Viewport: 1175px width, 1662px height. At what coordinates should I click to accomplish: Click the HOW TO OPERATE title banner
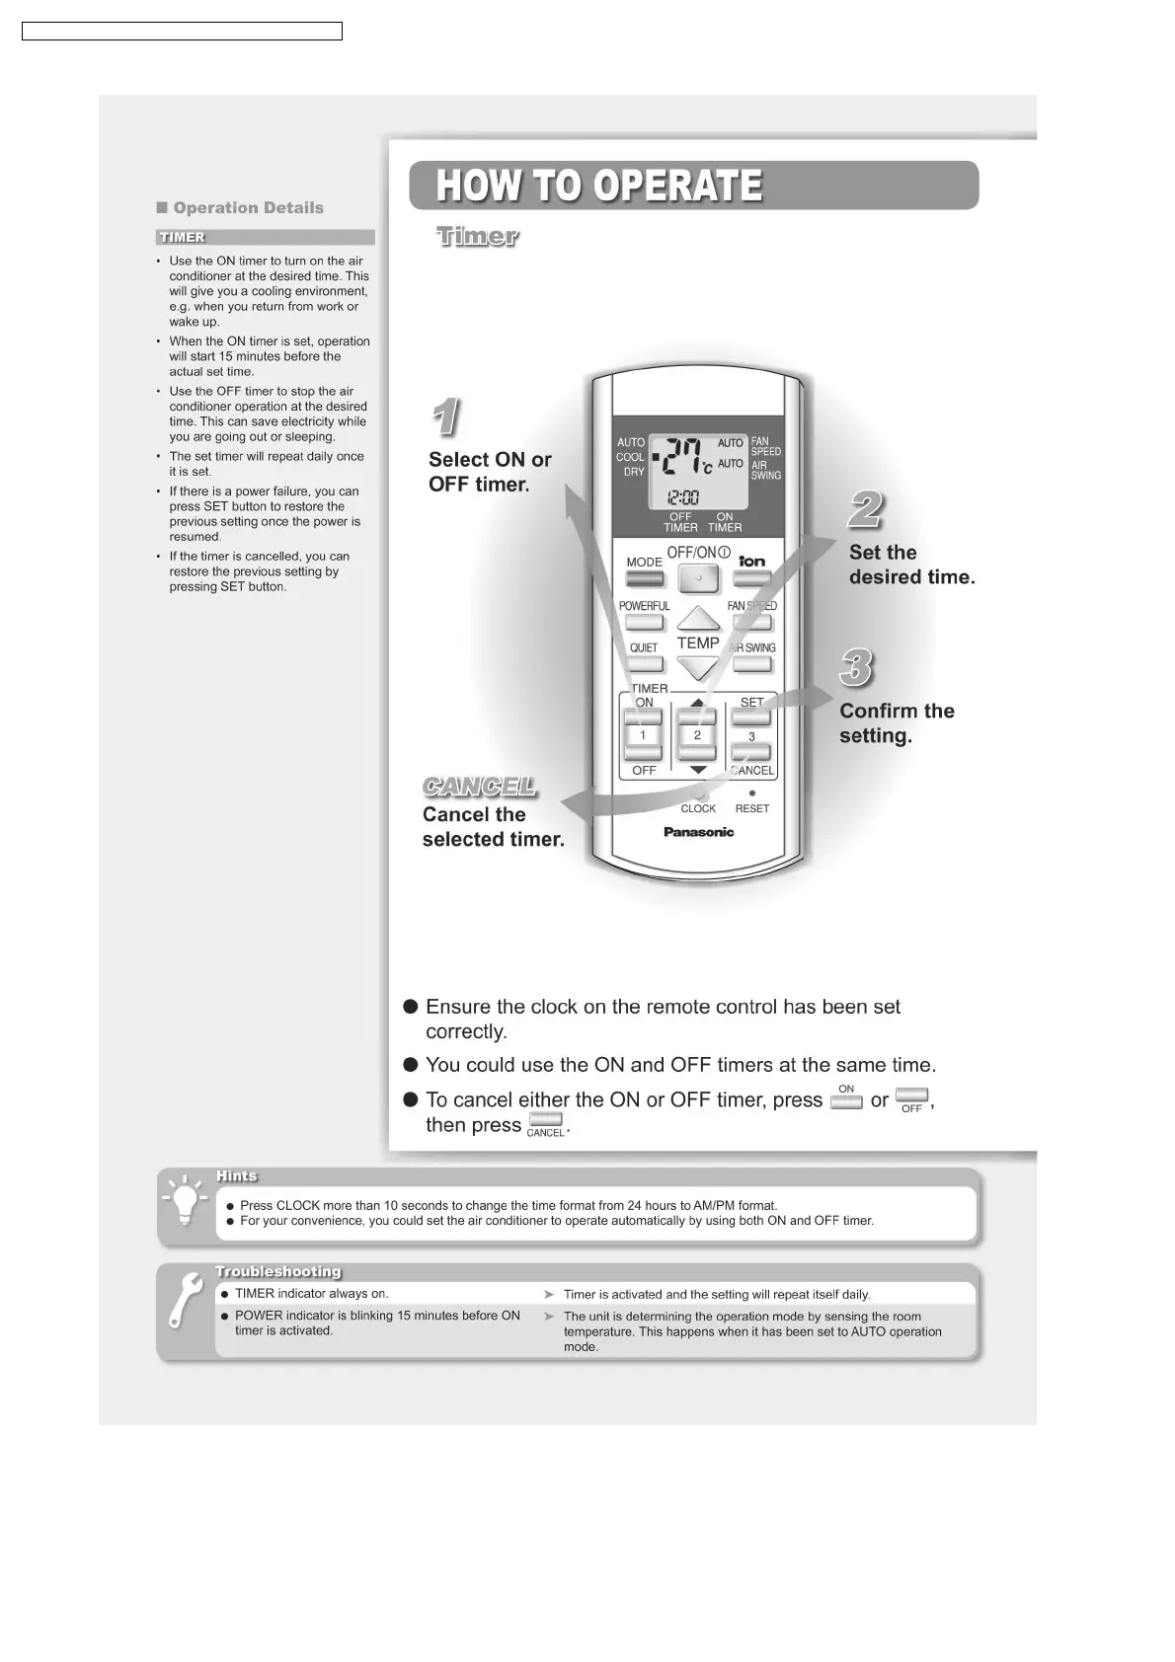click(x=693, y=186)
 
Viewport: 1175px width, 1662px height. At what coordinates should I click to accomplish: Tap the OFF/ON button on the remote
click(x=698, y=577)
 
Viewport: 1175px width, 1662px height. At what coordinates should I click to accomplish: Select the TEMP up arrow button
click(x=698, y=620)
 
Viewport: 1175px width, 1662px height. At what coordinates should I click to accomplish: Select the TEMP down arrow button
click(x=698, y=668)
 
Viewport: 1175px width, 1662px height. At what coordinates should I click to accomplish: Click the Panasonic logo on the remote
click(x=698, y=832)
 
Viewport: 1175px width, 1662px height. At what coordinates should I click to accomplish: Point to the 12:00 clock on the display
click(x=683, y=497)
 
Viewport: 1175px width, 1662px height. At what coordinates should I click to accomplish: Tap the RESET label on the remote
click(x=752, y=808)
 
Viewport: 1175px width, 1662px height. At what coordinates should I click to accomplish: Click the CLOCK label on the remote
click(x=698, y=808)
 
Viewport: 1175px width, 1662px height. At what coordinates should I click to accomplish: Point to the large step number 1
click(x=445, y=417)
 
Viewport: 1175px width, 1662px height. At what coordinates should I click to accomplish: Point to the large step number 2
click(x=866, y=510)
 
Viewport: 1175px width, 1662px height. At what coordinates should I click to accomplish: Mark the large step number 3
click(x=856, y=668)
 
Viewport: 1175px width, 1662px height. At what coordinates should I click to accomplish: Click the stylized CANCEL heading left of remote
click(x=479, y=787)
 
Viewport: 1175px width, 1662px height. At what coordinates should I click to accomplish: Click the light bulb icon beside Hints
click(x=185, y=1201)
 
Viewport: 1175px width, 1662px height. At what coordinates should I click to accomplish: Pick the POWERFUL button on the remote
click(x=644, y=623)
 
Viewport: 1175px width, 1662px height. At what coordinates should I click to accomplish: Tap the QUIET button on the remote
click(x=644, y=664)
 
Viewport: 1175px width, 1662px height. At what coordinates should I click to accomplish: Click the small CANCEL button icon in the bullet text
click(x=545, y=1119)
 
